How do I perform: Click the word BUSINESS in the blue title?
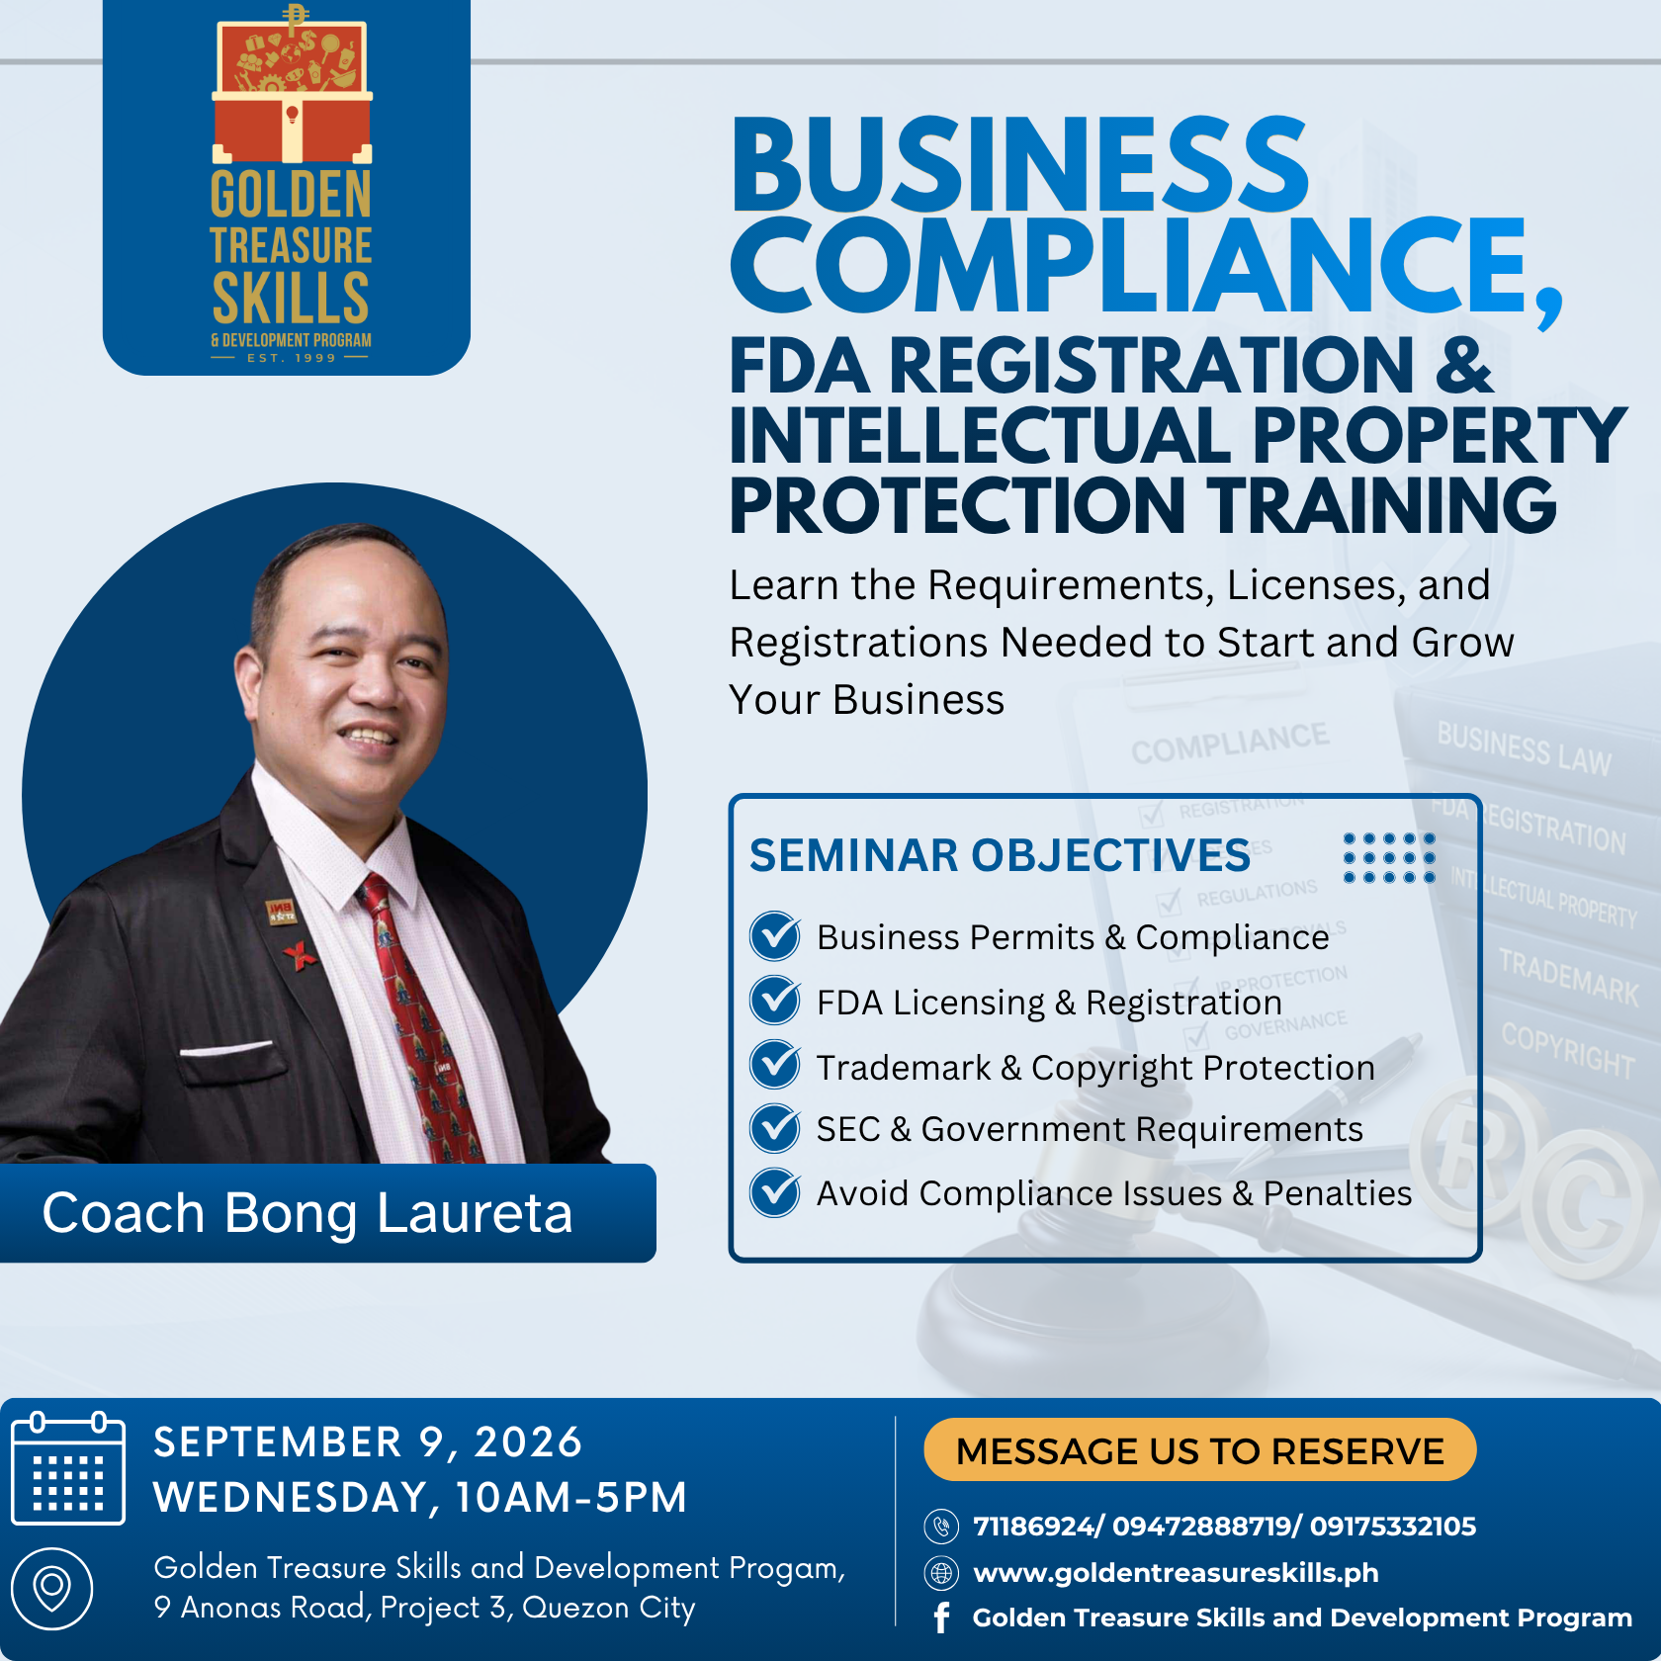click(1020, 163)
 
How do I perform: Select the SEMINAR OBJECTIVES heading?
click(1000, 855)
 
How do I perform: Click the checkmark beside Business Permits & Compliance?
click(775, 935)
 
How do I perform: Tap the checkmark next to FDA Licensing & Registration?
click(775, 1001)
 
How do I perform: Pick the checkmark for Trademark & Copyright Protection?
click(775, 1065)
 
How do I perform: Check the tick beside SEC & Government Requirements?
click(775, 1128)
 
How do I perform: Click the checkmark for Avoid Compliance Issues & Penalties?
click(775, 1192)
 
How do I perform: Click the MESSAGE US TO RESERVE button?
click(1199, 1450)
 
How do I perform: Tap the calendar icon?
click(67, 1468)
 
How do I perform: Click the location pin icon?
click(51, 1589)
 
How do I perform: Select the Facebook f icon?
click(941, 1617)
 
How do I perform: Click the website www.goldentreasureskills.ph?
click(1176, 1572)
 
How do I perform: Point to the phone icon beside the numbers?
click(941, 1527)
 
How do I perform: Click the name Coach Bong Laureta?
click(307, 1213)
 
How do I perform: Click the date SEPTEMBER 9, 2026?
click(368, 1442)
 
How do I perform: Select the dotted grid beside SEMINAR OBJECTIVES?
click(1389, 857)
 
